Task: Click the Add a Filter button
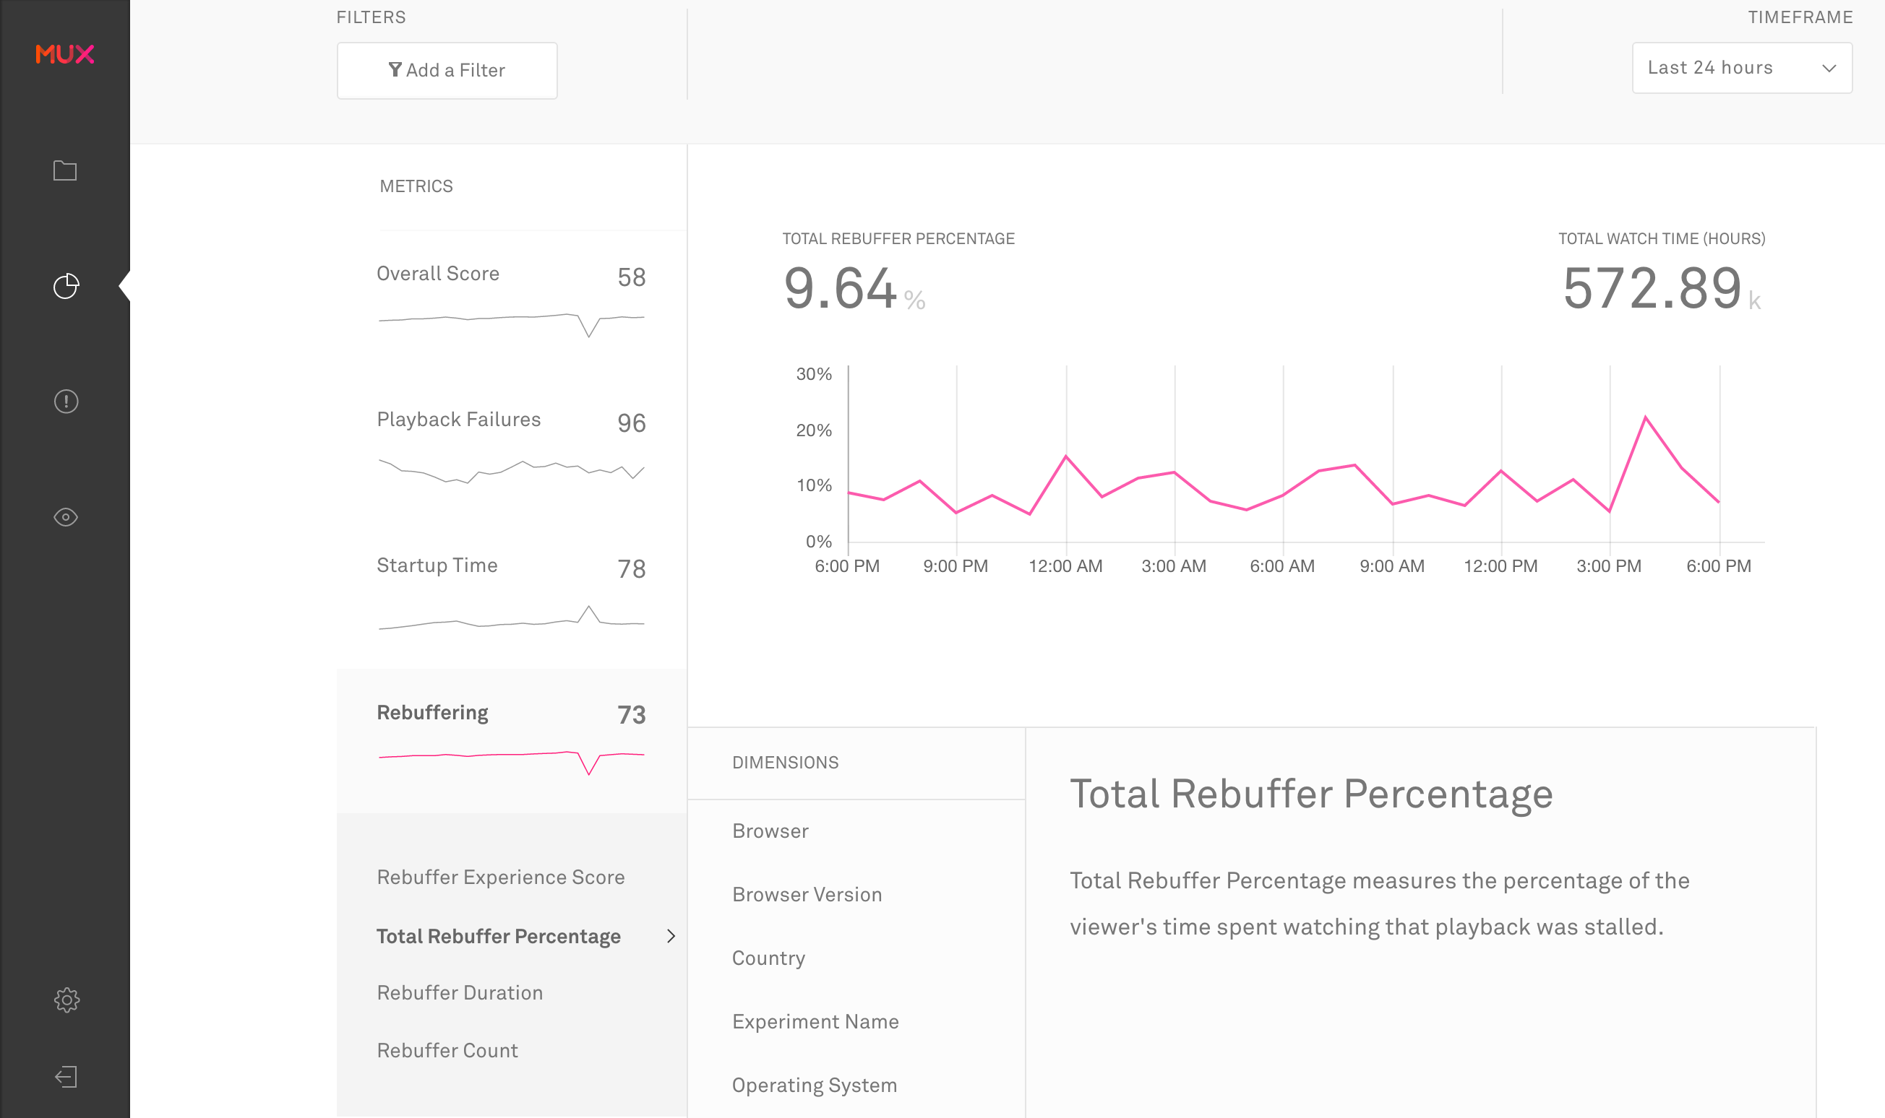pyautogui.click(x=447, y=70)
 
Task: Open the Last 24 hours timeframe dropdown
pyautogui.click(x=1741, y=68)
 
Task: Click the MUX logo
pyautogui.click(x=65, y=54)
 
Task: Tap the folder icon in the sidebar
pyautogui.click(x=66, y=171)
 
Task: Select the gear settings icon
pyautogui.click(x=66, y=1000)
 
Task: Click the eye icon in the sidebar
pyautogui.click(x=66, y=517)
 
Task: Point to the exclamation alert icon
pyautogui.click(x=66, y=401)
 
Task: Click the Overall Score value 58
pyautogui.click(x=631, y=277)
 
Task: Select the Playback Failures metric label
pyautogui.click(x=458, y=420)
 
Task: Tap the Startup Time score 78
pyautogui.click(x=631, y=569)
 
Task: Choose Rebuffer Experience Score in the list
pyautogui.click(x=500, y=877)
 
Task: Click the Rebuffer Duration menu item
pyautogui.click(x=460, y=992)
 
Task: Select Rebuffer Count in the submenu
pyautogui.click(x=447, y=1050)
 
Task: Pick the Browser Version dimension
pyautogui.click(x=807, y=894)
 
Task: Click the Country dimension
pyautogui.click(x=768, y=958)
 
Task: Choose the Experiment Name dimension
pyautogui.click(x=815, y=1021)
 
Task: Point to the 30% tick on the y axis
pyautogui.click(x=814, y=374)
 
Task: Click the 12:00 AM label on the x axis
pyautogui.click(x=1065, y=565)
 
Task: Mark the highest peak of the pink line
pyautogui.click(x=1645, y=417)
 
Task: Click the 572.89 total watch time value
pyautogui.click(x=1652, y=289)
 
